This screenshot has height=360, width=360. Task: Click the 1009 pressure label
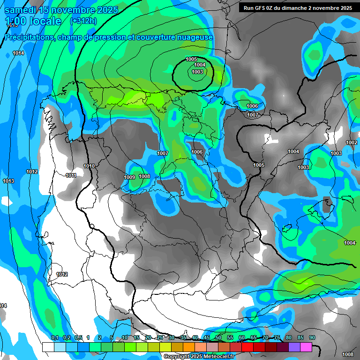pyautogui.click(x=129, y=177)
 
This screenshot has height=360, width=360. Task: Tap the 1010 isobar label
pyautogui.click(x=89, y=166)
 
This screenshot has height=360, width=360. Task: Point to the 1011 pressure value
pyautogui.click(x=71, y=176)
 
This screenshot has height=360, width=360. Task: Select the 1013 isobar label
pyautogui.click(x=8, y=181)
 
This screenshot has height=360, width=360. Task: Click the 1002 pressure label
pyautogui.click(x=351, y=142)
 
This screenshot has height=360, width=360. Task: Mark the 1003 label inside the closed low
pyautogui.click(x=197, y=72)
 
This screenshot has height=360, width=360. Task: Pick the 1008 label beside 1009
pyautogui.click(x=144, y=176)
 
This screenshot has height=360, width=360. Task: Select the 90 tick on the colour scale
pyautogui.click(x=312, y=337)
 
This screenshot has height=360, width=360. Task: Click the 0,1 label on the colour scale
pyautogui.click(x=54, y=337)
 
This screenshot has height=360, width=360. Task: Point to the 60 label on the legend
pyautogui.click(x=242, y=337)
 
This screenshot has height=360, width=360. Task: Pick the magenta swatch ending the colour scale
pyautogui.click(x=306, y=347)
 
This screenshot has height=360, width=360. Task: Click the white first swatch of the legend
pyautogui.click(x=48, y=347)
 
